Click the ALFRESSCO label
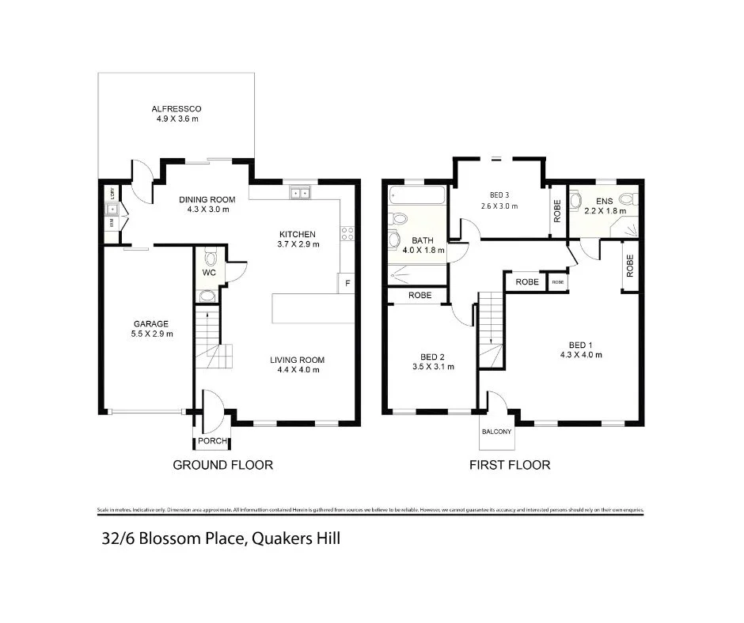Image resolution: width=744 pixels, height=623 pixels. (x=176, y=109)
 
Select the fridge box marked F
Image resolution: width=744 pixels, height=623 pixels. (x=346, y=282)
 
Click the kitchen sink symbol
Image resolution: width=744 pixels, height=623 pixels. (x=301, y=192)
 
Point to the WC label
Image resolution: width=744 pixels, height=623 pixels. (x=209, y=273)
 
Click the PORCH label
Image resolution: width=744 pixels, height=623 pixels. (x=212, y=441)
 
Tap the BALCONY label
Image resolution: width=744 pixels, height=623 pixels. (x=496, y=432)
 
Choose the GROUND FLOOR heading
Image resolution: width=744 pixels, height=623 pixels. (x=222, y=465)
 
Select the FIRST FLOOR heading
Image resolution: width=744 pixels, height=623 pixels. (x=510, y=465)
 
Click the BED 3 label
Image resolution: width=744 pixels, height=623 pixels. (x=499, y=194)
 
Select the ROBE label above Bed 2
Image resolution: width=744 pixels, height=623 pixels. (x=419, y=296)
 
